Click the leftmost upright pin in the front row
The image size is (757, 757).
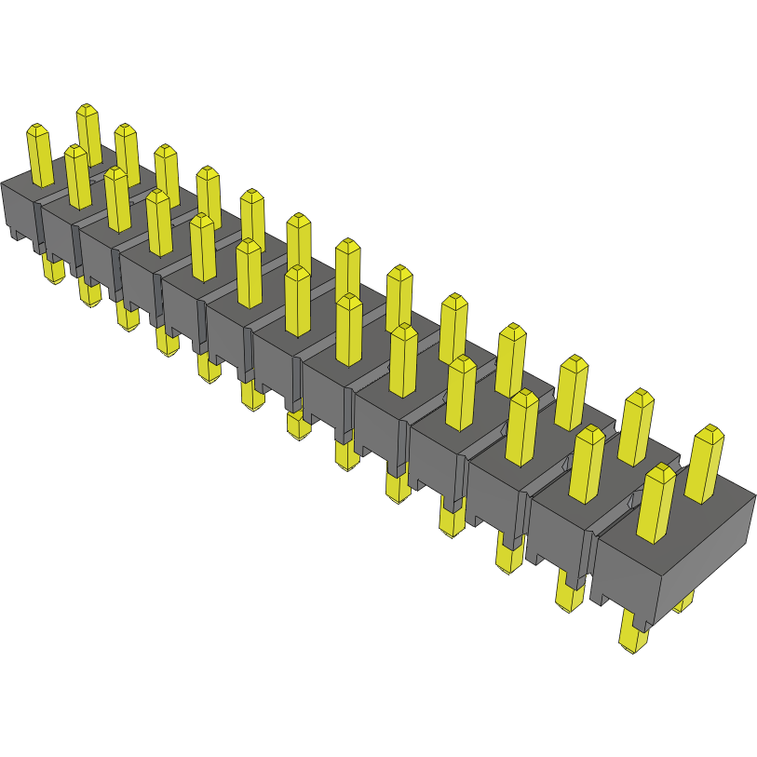(x=39, y=155)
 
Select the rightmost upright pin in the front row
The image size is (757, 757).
(x=656, y=503)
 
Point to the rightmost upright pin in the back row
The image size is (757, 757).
(x=705, y=463)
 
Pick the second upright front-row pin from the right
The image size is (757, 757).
(x=588, y=464)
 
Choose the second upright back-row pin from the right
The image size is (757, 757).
(x=636, y=426)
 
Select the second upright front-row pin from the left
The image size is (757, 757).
(x=77, y=177)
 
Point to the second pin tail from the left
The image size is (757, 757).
(x=89, y=293)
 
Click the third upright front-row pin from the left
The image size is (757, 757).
(x=116, y=199)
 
